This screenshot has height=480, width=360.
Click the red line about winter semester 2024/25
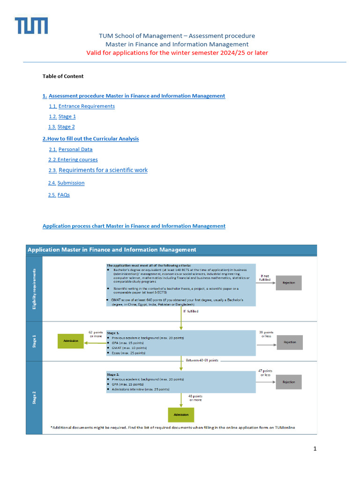177,52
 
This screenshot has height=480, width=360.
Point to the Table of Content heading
63,76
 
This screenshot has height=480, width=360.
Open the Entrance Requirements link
86,106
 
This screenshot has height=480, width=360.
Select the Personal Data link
75,149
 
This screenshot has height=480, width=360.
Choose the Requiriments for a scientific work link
103,170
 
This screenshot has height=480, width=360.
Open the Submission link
71,183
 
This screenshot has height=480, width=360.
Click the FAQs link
63,195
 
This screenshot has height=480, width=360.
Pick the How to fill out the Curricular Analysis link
92,139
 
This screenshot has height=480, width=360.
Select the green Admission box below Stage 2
181,415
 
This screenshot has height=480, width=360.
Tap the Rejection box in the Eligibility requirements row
289,283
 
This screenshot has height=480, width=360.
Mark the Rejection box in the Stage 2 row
289,382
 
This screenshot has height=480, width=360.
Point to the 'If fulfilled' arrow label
191,311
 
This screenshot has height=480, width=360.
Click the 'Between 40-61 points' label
202,360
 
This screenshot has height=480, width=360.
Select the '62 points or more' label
96,334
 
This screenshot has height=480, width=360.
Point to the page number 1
315,449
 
